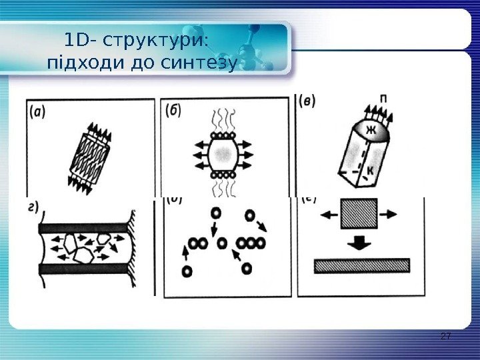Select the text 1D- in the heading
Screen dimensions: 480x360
[81, 41]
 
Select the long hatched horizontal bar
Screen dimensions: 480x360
[361, 266]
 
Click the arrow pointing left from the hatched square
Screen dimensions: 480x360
[330, 215]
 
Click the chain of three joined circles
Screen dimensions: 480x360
[252, 243]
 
